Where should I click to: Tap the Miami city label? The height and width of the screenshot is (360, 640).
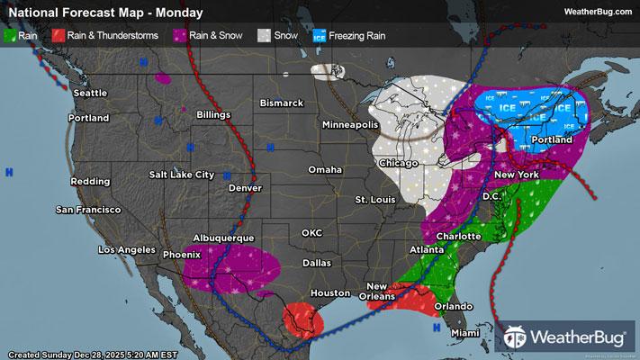466,333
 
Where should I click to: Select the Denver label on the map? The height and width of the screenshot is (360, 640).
245,189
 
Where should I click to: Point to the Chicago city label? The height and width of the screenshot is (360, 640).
398,163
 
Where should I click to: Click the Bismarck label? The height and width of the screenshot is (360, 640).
282,103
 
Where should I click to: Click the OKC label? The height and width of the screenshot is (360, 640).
311,233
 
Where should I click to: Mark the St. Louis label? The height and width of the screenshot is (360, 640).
376,198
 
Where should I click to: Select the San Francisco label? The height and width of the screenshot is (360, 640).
88,210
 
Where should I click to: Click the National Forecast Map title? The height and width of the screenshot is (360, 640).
104,13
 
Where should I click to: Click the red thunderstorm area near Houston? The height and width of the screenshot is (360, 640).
302,318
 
